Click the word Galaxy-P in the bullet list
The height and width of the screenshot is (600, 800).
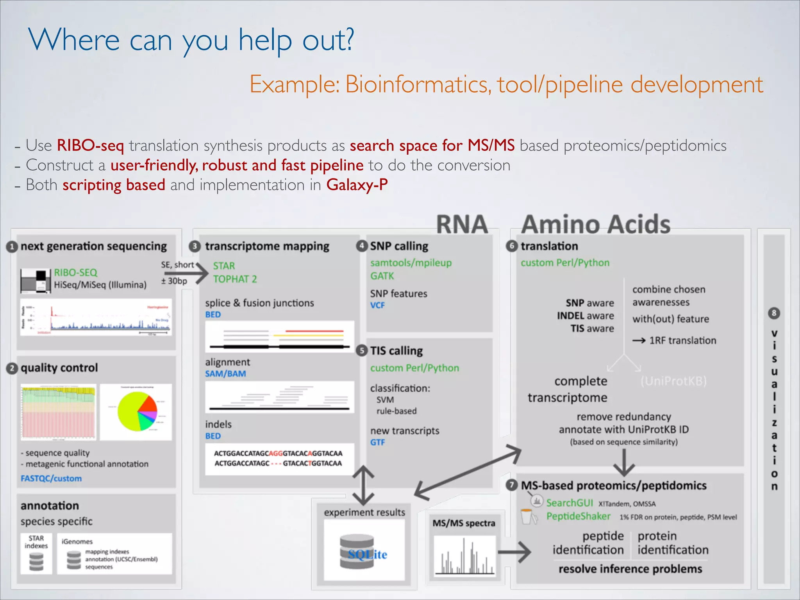point(357,185)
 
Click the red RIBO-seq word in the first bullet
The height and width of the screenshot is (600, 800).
point(90,145)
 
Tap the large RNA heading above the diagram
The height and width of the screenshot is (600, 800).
point(462,224)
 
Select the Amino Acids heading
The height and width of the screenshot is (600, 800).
point(596,224)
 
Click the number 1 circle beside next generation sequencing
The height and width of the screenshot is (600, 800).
point(12,247)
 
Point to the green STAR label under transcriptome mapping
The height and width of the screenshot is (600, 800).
point(224,266)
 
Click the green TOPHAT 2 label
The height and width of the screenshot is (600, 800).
point(235,279)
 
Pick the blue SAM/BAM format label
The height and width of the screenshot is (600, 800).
point(225,374)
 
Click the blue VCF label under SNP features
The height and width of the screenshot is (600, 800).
point(377,305)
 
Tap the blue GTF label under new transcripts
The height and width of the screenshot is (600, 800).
point(377,443)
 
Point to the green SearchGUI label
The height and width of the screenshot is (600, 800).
point(569,503)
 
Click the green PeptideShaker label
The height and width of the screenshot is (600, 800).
point(578,516)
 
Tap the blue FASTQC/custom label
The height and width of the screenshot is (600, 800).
point(51,479)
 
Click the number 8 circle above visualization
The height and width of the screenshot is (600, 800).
point(774,313)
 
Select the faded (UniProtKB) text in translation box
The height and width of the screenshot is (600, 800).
point(673,381)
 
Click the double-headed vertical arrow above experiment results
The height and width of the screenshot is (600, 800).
point(363,485)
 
